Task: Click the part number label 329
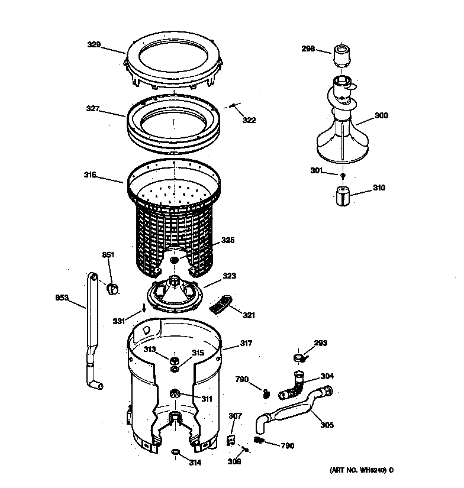(94, 44)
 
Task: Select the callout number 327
(92, 109)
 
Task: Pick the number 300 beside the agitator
(381, 116)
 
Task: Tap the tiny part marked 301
(342, 176)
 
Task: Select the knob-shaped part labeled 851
(111, 288)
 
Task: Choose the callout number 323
(229, 276)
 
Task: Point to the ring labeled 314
(175, 453)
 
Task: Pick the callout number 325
(228, 241)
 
